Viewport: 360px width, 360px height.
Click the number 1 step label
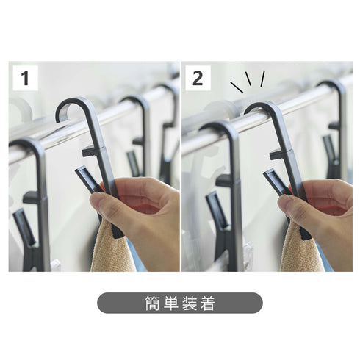[25, 78]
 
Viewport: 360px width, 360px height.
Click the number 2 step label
[198, 78]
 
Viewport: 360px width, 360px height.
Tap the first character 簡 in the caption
[152, 303]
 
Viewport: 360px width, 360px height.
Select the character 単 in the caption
[170, 303]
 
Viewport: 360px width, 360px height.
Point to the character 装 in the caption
[190, 303]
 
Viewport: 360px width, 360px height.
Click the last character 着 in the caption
[208, 303]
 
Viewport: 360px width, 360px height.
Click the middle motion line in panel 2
[248, 79]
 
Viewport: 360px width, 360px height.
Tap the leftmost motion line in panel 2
[237, 87]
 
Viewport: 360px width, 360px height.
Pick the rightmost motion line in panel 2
[262, 79]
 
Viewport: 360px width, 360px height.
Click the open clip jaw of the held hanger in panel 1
[87, 179]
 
